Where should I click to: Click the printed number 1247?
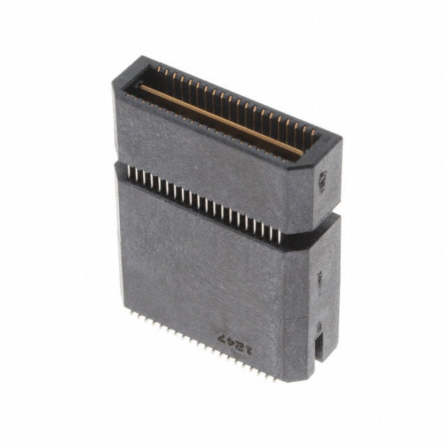click(x=233, y=341)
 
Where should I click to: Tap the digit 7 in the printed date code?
click(x=222, y=337)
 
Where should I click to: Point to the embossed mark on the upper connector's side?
click(x=323, y=182)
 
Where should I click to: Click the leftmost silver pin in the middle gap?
click(x=130, y=172)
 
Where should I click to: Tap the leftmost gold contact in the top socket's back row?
click(x=157, y=70)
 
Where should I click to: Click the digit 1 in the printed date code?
click(x=245, y=346)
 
